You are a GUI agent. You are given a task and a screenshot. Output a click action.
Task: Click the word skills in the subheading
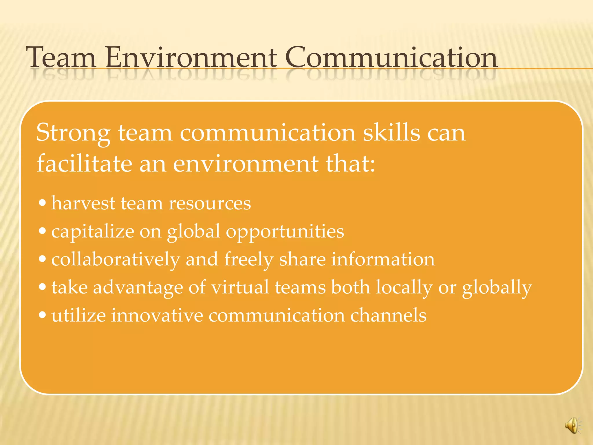[x=391, y=132]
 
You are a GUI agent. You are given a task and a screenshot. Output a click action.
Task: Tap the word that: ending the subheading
[x=351, y=163]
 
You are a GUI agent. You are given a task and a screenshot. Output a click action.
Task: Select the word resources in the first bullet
[x=210, y=203]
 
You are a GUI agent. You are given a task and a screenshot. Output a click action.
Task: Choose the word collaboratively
[x=116, y=260]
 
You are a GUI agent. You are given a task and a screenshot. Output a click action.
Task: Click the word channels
[x=388, y=315]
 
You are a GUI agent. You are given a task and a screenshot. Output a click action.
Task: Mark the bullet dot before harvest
[x=42, y=203]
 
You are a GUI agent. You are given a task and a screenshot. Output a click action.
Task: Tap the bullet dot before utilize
[x=42, y=315]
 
